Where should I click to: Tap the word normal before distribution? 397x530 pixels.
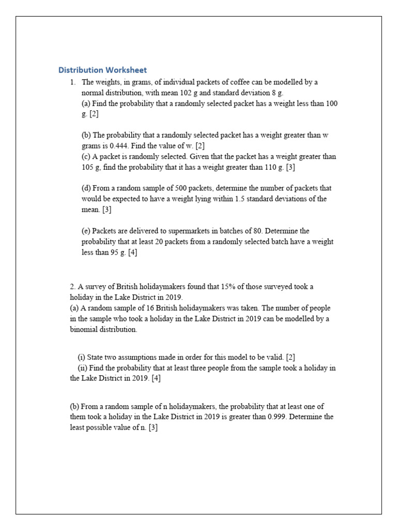pos(92,93)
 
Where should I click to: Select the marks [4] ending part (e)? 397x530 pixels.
pos(132,253)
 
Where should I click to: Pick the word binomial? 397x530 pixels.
pos(83,330)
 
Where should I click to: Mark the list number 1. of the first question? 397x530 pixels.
pos(73,82)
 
